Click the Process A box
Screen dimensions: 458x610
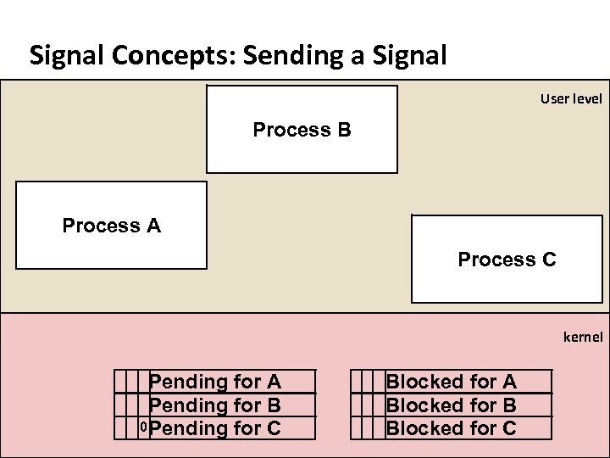click(111, 226)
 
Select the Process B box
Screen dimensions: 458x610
click(302, 130)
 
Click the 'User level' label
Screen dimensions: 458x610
click(571, 99)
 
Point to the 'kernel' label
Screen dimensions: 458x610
click(583, 337)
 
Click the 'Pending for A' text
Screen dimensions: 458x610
click(215, 383)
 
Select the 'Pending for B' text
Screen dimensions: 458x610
click(215, 405)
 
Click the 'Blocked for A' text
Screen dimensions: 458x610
click(451, 383)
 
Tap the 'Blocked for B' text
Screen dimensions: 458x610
click(451, 405)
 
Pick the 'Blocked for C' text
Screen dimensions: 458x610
click(451, 428)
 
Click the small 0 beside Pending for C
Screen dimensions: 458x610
click(144, 426)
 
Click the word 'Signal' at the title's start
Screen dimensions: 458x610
click(60, 57)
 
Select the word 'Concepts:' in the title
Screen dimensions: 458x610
click(166, 57)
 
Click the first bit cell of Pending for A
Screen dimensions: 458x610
click(120, 382)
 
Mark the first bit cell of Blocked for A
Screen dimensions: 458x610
click(356, 382)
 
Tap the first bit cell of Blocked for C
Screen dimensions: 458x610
click(356, 428)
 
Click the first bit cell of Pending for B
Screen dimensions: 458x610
click(120, 405)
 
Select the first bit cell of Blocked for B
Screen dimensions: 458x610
click(356, 405)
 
